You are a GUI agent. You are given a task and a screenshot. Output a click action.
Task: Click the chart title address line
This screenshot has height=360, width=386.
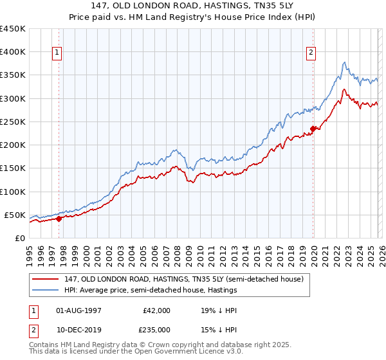(192, 6)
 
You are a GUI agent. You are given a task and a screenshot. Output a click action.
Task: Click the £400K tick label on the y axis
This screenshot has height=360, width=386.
(13, 52)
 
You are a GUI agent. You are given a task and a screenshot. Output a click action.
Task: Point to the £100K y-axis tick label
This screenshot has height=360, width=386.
(13, 192)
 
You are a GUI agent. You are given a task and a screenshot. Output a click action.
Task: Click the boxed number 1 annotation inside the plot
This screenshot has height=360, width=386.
(58, 53)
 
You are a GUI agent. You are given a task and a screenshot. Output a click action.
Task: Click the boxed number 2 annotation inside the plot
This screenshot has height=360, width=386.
(311, 53)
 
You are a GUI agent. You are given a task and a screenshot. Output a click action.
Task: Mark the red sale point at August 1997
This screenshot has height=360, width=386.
(59, 219)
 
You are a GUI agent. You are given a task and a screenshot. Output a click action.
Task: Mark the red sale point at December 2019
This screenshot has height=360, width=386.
(313, 129)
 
